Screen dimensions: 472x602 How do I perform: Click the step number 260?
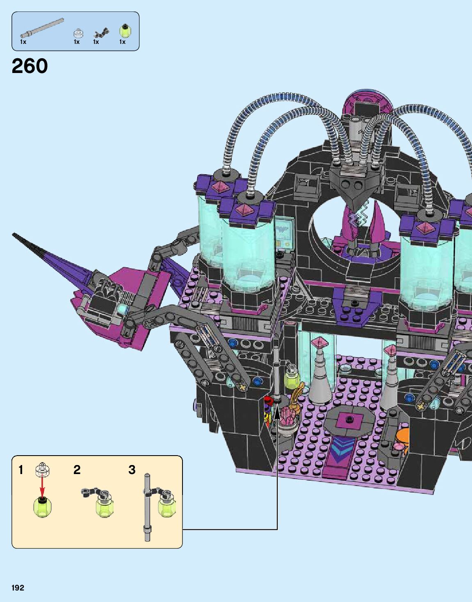tap(30, 66)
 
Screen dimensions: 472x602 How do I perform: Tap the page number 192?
tap(18, 588)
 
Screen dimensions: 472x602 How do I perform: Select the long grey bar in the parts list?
tap(42, 28)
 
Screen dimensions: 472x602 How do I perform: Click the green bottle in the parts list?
tap(125, 31)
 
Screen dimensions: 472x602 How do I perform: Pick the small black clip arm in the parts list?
tap(101, 33)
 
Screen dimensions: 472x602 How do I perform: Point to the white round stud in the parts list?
tap(78, 33)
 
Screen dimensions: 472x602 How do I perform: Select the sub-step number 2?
tap(77, 470)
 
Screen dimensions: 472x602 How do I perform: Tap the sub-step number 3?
tap(132, 470)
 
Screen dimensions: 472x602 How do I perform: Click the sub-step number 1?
tap(21, 470)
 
